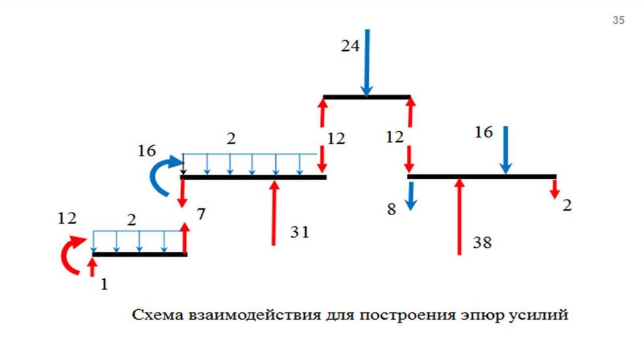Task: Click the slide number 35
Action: pyautogui.click(x=618, y=21)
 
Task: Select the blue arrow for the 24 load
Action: pyautogui.click(x=367, y=63)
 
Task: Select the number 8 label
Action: pyautogui.click(x=391, y=209)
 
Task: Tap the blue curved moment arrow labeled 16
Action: pyautogui.click(x=157, y=177)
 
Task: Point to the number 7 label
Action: pyautogui.click(x=200, y=215)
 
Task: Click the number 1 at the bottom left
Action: pyautogui.click(x=104, y=284)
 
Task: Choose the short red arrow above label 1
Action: pyautogui.click(x=92, y=267)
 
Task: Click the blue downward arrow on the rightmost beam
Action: pyautogui.click(x=505, y=150)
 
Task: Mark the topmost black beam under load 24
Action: pyautogui.click(x=367, y=97)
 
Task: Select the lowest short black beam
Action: pyautogui.click(x=139, y=254)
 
